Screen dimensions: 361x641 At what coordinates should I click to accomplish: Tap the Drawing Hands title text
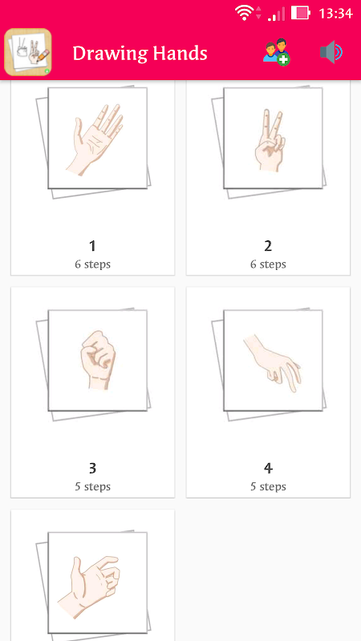click(x=140, y=53)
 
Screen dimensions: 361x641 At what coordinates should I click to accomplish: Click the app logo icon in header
click(x=28, y=52)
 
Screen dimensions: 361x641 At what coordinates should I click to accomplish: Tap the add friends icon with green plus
click(x=276, y=52)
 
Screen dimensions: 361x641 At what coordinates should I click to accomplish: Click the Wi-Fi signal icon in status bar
click(x=244, y=13)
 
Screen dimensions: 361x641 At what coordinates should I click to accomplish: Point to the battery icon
click(x=300, y=13)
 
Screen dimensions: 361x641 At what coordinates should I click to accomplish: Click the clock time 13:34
click(x=335, y=14)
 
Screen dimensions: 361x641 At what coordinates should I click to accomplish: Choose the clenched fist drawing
click(x=98, y=360)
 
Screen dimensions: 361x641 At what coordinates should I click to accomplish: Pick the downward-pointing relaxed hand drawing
click(x=273, y=363)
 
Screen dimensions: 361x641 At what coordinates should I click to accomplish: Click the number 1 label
click(x=92, y=246)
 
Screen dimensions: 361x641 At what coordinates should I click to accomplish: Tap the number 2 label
click(x=268, y=246)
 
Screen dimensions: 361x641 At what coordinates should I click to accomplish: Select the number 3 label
click(x=92, y=469)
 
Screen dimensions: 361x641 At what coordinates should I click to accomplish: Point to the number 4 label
click(x=268, y=469)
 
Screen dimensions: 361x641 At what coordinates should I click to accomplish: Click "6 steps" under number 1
click(x=92, y=264)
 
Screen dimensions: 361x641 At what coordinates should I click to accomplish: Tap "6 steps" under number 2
click(x=268, y=264)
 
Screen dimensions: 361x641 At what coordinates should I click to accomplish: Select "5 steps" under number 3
click(x=92, y=487)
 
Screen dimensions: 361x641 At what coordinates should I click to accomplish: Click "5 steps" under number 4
click(x=268, y=487)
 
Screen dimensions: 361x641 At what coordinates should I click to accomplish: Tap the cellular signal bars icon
click(x=276, y=14)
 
